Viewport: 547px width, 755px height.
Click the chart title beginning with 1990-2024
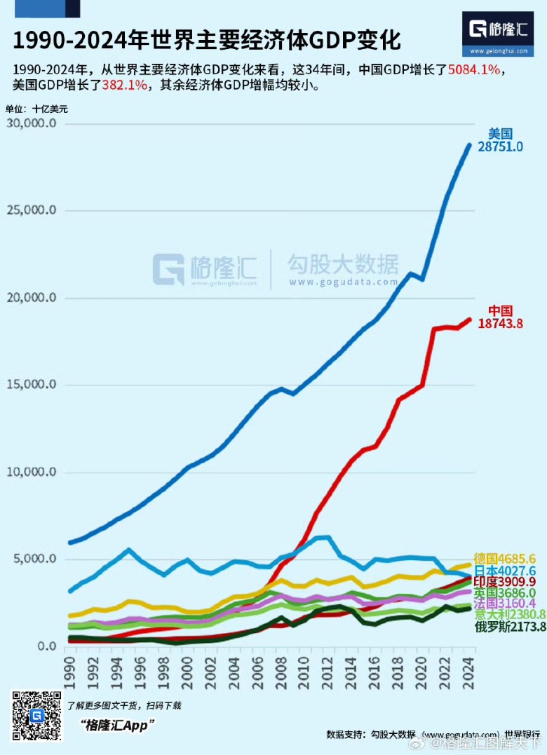click(x=207, y=40)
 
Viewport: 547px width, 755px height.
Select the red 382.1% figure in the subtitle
click(x=124, y=86)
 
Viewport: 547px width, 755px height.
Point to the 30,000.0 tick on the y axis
click(x=30, y=123)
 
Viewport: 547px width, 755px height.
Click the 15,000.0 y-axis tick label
click(x=30, y=385)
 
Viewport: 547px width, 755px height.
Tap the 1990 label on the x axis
click(x=70, y=670)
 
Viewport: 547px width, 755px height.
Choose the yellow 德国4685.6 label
click(x=505, y=559)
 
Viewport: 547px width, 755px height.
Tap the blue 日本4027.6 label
click(x=505, y=571)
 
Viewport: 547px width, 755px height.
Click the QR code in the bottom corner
click(x=36, y=716)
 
